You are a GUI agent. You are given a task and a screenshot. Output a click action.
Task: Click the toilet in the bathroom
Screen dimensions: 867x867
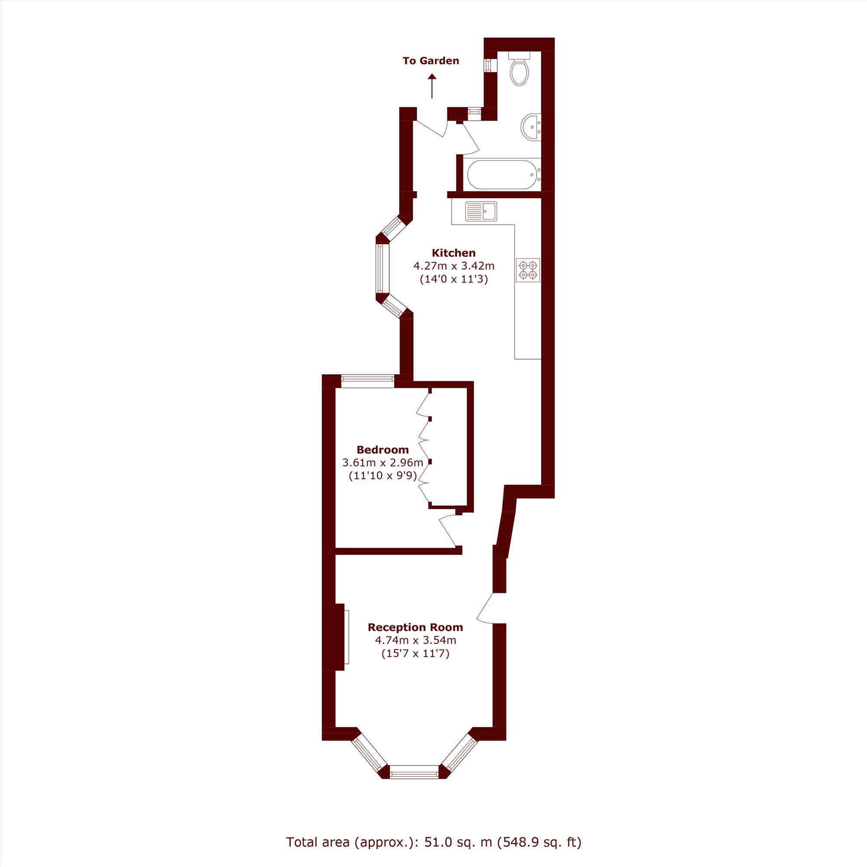[519, 68]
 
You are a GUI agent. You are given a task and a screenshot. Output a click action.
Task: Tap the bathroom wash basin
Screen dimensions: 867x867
[531, 127]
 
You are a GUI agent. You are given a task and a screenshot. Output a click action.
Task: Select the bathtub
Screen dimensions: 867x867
[502, 175]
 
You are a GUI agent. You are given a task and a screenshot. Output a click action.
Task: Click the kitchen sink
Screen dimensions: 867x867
[481, 211]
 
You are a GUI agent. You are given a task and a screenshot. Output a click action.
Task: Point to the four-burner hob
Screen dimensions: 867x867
[528, 270]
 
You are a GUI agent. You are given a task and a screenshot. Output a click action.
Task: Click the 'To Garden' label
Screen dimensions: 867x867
[431, 61]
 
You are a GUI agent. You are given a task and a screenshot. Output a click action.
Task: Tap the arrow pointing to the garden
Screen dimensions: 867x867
[432, 86]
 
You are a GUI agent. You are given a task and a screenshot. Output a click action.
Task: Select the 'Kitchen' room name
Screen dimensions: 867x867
[454, 253]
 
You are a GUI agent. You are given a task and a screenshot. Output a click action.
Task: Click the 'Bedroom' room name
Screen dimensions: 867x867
[383, 450]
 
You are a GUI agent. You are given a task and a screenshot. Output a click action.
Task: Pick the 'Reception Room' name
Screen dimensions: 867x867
[416, 627]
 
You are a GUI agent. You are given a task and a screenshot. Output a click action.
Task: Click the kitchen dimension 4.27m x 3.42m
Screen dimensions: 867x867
[454, 266]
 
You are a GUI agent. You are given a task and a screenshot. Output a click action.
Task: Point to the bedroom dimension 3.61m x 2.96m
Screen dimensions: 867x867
[383, 463]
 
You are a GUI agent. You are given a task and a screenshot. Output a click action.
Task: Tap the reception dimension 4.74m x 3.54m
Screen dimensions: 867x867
[416, 640]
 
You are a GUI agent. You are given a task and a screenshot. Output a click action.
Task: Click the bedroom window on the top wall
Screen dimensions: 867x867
[368, 381]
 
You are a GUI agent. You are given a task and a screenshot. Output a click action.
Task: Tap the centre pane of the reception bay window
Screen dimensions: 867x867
[414, 772]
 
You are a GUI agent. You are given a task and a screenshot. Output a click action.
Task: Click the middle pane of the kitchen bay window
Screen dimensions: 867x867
[383, 268]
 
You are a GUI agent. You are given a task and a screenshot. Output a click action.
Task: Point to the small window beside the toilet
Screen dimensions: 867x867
[488, 65]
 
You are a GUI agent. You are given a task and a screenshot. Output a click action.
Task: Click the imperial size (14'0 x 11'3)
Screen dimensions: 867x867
[454, 279]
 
